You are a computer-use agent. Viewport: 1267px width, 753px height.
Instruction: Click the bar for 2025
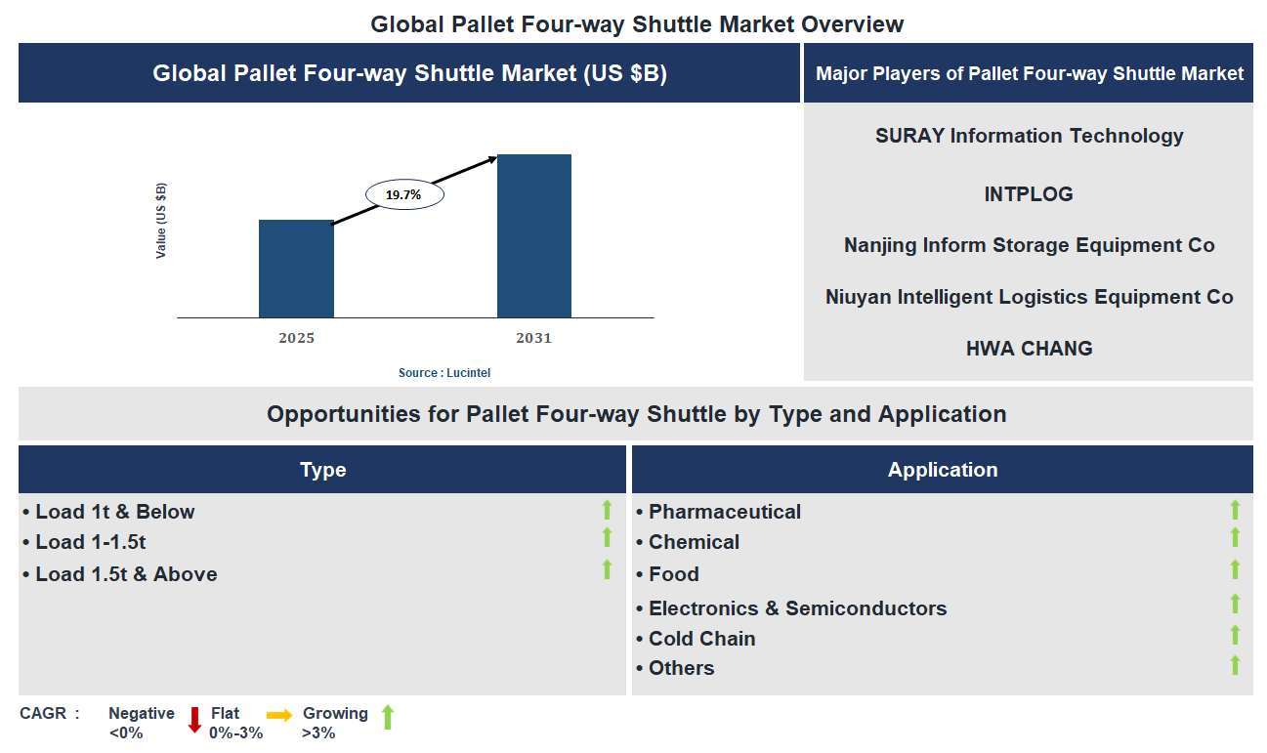click(x=296, y=269)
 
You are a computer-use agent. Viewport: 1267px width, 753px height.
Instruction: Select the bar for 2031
click(x=534, y=235)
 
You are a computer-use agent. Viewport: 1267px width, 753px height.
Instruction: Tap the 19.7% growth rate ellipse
click(x=404, y=194)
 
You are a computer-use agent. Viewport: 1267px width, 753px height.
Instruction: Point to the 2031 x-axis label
click(x=534, y=339)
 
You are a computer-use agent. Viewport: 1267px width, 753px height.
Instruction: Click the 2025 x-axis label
click(x=296, y=339)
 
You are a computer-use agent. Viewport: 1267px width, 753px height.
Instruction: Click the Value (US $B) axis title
click(x=161, y=221)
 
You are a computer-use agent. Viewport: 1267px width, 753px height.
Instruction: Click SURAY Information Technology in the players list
click(x=1029, y=136)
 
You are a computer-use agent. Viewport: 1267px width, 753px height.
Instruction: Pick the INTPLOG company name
click(x=1029, y=194)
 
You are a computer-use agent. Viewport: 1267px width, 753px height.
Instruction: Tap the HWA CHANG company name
click(x=1029, y=349)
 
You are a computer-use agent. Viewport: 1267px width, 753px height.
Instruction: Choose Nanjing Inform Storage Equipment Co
click(x=1029, y=245)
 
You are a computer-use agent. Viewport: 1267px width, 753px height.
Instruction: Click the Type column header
click(x=322, y=470)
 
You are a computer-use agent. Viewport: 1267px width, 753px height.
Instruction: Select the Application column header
click(x=942, y=470)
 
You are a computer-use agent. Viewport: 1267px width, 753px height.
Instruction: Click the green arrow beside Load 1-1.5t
click(x=607, y=538)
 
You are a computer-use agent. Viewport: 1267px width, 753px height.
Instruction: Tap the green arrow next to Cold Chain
click(x=1235, y=636)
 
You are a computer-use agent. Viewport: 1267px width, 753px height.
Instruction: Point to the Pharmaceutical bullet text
click(x=724, y=512)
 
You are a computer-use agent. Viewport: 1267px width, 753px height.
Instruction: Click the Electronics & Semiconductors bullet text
click(x=797, y=608)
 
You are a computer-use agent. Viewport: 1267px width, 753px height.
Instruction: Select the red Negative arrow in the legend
click(x=194, y=720)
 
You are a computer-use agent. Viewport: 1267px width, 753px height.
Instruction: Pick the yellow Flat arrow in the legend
click(x=280, y=716)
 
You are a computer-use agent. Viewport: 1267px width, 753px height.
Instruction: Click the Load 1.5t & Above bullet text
click(x=126, y=574)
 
